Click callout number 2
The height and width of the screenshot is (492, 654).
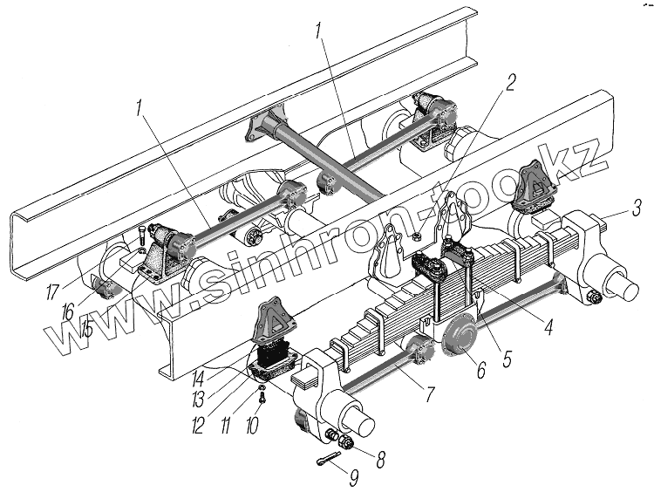tap(510, 83)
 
